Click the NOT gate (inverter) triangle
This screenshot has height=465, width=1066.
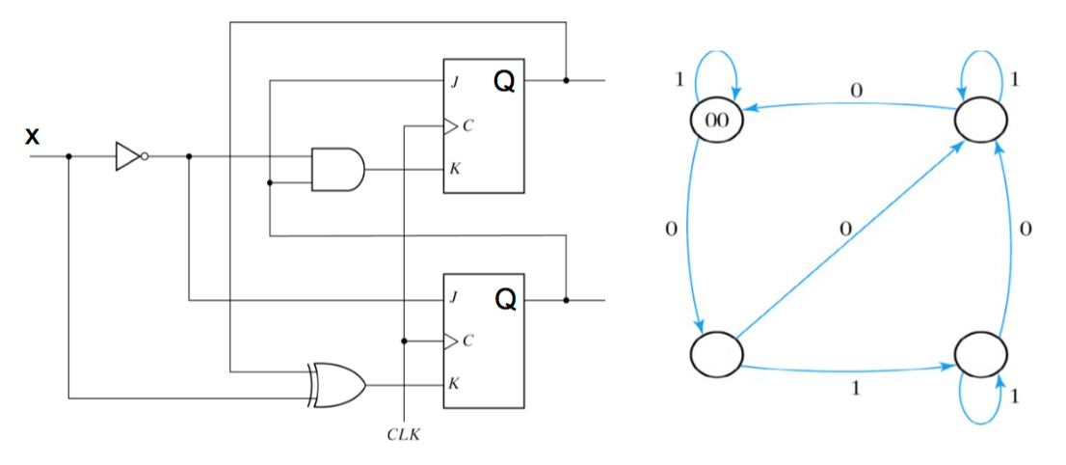tap(127, 156)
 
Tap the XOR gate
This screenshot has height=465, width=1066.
tap(337, 384)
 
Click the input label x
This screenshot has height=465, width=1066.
tap(33, 136)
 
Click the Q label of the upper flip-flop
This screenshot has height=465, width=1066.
tap(504, 82)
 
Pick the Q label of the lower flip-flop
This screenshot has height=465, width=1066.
tap(504, 301)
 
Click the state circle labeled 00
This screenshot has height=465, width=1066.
tap(716, 122)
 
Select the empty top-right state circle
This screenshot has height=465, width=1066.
tap(981, 122)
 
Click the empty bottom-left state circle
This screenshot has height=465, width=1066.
tap(716, 354)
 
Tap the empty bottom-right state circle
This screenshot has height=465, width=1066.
tap(981, 354)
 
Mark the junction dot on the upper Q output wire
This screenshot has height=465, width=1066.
tap(566, 81)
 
